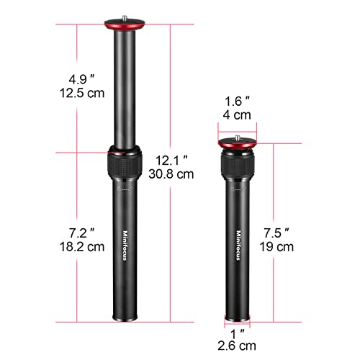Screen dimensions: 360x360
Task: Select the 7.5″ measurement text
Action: click(x=277, y=232)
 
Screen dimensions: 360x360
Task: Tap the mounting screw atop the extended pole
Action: click(x=124, y=20)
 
